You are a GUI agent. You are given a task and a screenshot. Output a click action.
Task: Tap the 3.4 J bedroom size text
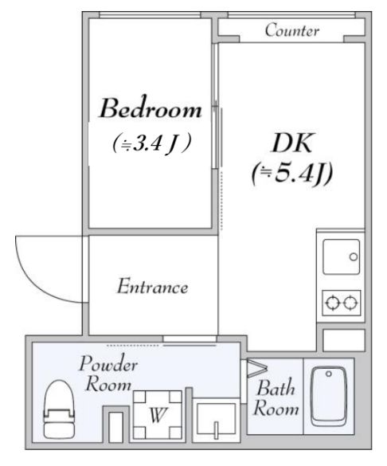pyautogui.click(x=151, y=143)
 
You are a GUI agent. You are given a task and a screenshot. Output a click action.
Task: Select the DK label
pyautogui.click(x=292, y=143)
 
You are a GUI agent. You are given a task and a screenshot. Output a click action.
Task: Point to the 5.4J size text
pyautogui.click(x=292, y=174)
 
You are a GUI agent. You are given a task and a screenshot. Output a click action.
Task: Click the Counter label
pyautogui.click(x=292, y=30)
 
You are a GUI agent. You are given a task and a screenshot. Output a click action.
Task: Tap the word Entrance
pyautogui.click(x=153, y=286)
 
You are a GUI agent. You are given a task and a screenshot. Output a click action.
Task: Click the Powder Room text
pyautogui.click(x=108, y=374)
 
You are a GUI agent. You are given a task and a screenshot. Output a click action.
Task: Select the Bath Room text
pyautogui.click(x=276, y=397)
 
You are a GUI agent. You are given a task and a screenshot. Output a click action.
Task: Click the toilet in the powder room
pyautogui.click(x=59, y=409)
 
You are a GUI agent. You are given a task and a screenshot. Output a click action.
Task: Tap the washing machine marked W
pyautogui.click(x=158, y=415)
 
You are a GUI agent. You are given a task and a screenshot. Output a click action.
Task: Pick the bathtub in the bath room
pyautogui.click(x=329, y=397)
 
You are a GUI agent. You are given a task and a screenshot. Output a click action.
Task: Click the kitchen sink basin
pyautogui.click(x=342, y=256)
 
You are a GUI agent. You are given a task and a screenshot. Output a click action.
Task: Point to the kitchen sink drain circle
pyautogui.click(x=354, y=256)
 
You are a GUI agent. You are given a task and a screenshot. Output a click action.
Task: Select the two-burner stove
pyautogui.click(x=342, y=303)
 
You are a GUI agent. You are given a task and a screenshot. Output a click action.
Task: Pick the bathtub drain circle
pyautogui.click(x=329, y=374)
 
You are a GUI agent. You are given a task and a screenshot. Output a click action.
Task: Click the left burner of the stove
pyautogui.click(x=332, y=303)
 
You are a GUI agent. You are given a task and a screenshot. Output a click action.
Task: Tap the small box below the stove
pyautogui.click(x=344, y=340)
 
